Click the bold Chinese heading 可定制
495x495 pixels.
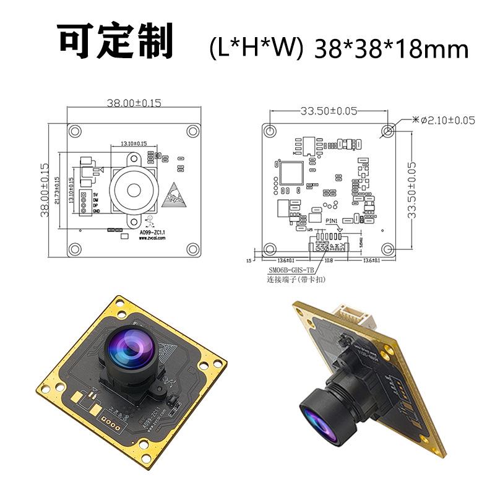click(x=116, y=41)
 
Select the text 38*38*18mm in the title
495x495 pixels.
click(x=391, y=48)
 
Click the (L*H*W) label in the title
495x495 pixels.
click(x=256, y=48)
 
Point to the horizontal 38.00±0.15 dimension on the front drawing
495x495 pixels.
click(x=134, y=103)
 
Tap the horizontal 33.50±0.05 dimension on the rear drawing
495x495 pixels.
click(x=329, y=111)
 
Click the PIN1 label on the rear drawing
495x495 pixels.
click(x=332, y=220)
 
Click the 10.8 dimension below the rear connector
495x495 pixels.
click(x=329, y=260)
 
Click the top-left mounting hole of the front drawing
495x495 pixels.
click(x=75, y=131)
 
